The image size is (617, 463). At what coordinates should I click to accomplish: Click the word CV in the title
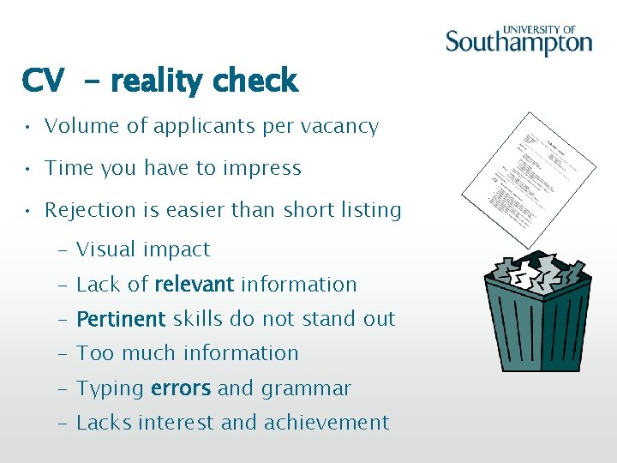point(43,81)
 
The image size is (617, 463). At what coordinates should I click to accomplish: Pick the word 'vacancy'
point(341,127)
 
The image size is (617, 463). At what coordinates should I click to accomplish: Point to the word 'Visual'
point(105,250)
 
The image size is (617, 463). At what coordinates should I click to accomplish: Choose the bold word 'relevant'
point(194,284)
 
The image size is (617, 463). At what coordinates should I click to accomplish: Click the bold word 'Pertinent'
point(121,319)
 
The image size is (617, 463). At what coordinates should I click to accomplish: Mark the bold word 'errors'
point(180,388)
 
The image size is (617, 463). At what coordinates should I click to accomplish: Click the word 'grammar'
point(306,389)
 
